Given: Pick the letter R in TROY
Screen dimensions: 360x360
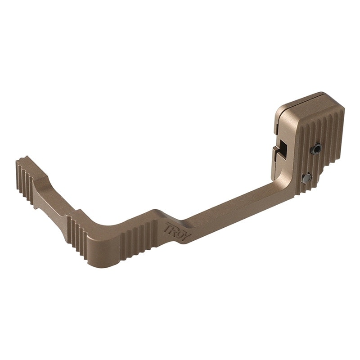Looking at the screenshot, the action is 174,230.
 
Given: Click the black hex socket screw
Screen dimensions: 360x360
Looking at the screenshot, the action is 316,148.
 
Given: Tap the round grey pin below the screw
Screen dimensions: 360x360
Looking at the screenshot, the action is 306,178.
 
